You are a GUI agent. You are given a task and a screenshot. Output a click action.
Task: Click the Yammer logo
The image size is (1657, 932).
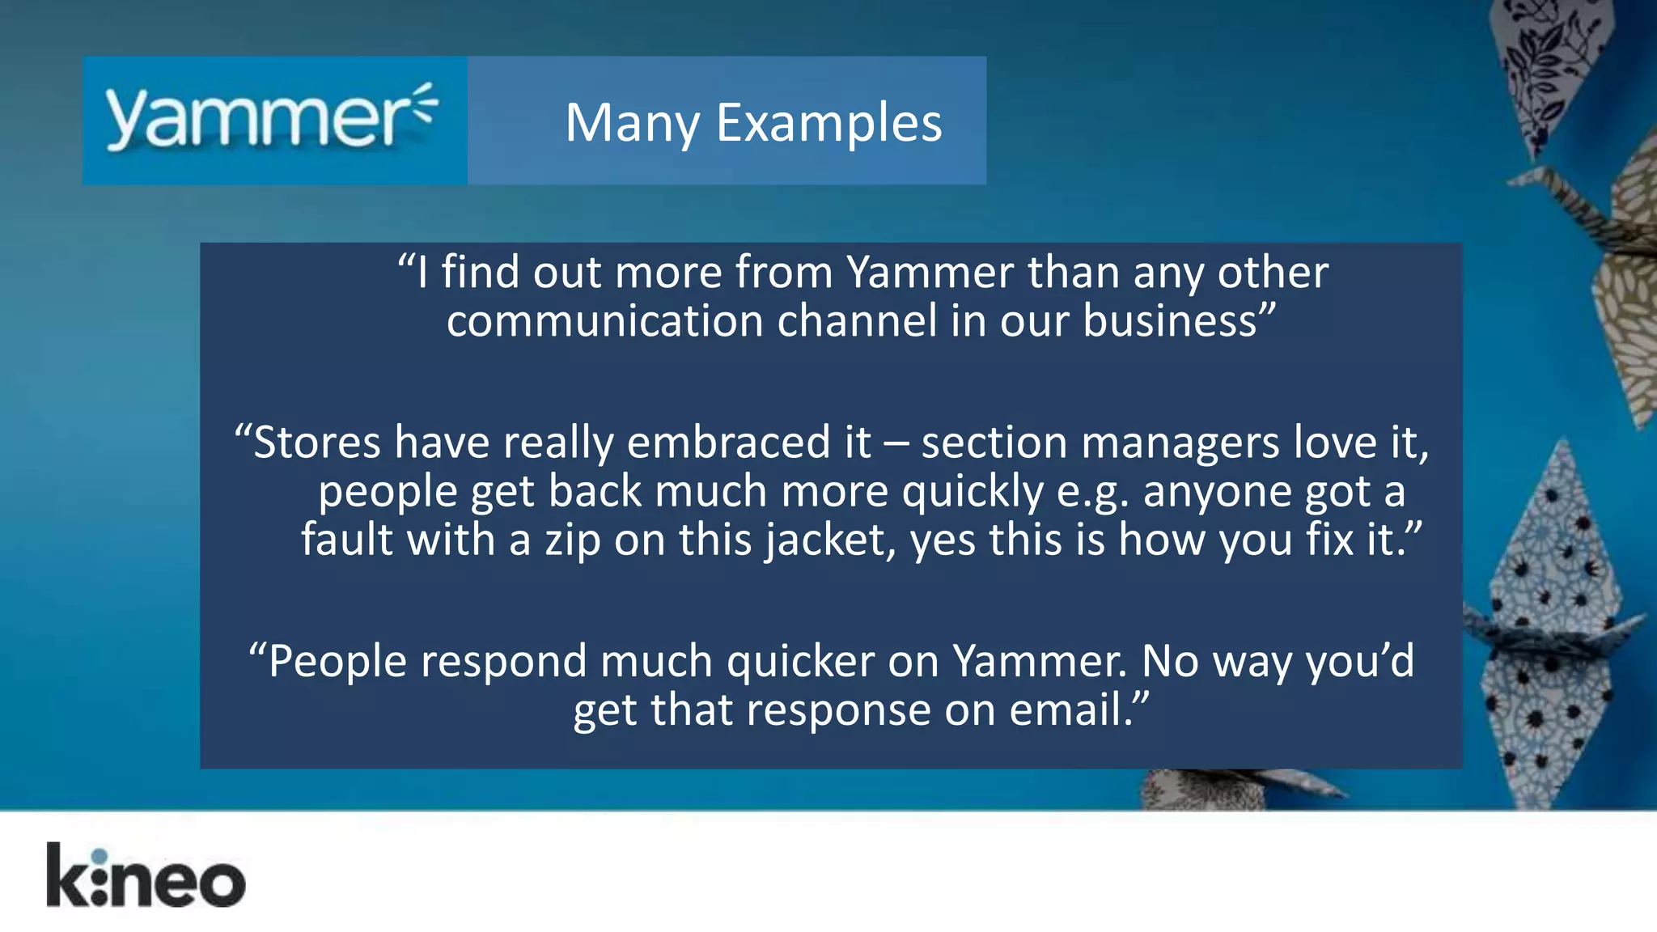coord(272,119)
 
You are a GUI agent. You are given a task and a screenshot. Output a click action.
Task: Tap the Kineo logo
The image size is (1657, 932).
coord(146,876)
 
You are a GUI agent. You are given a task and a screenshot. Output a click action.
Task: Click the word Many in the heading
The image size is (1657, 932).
coord(632,123)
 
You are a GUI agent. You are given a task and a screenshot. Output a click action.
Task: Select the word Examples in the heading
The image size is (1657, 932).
coord(829,123)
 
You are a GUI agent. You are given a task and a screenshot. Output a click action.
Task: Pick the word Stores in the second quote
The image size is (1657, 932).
coord(316,443)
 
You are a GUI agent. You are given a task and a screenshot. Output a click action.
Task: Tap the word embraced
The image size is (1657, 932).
coord(728,443)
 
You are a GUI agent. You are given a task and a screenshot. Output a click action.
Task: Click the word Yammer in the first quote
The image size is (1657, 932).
coord(930,273)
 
